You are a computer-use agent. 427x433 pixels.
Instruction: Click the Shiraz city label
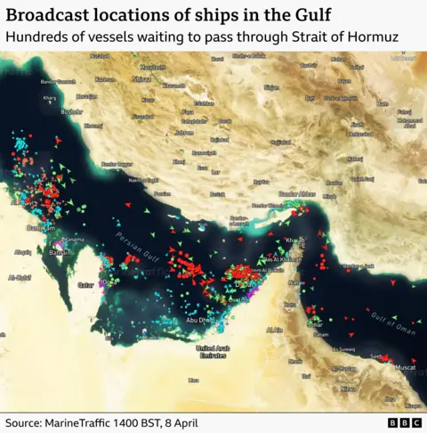[x=140, y=78]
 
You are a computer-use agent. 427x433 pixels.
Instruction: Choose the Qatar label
[x=86, y=285]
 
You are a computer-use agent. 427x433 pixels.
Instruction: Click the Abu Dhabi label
[x=197, y=319]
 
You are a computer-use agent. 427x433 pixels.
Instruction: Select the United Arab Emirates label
[x=213, y=351]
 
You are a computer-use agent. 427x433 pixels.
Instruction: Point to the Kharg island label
[x=49, y=98]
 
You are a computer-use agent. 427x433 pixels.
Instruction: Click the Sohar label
[x=317, y=324]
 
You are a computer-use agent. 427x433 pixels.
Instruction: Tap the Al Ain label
[x=275, y=330]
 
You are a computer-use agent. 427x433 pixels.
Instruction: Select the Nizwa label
[x=348, y=389]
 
